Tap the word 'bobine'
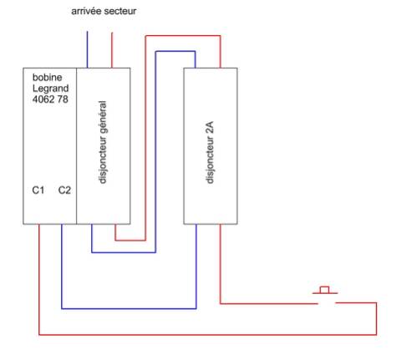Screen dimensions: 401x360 coord(47,77)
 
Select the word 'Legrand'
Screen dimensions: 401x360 coord(50,89)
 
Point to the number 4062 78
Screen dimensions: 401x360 coord(50,99)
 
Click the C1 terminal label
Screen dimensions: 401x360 coord(38,190)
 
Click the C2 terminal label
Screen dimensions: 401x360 coord(64,190)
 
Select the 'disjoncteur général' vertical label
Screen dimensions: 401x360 coord(103,142)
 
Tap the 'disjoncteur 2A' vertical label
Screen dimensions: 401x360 coord(210,152)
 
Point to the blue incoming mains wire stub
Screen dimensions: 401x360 coord(87,49)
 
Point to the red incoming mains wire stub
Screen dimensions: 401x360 coord(112,50)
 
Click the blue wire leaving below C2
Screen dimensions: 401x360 coord(62,266)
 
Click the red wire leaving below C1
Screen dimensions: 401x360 coord(39,279)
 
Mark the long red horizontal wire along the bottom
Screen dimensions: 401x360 coord(208,334)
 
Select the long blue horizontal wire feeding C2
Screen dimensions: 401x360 coord(129,308)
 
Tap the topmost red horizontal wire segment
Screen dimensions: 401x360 coord(183,36)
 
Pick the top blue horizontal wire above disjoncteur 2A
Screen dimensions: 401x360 coord(175,52)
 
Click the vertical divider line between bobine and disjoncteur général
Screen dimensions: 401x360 coord(76,146)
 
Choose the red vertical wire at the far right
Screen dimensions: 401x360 coord(377,318)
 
